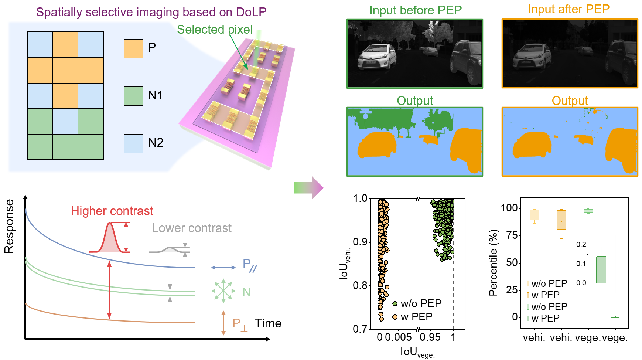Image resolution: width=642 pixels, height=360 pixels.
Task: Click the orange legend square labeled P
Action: click(133, 48)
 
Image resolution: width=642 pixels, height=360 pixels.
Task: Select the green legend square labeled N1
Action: click(133, 96)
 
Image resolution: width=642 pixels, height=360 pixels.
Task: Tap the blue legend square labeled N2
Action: click(133, 143)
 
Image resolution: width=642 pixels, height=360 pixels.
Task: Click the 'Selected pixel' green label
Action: click(215, 30)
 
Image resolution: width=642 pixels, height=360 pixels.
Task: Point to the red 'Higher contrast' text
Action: click(112, 211)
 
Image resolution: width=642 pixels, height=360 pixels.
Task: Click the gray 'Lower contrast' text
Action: click(192, 228)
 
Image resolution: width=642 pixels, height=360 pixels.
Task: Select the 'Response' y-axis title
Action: click(9, 226)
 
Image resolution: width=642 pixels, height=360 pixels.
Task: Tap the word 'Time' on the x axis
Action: click(268, 323)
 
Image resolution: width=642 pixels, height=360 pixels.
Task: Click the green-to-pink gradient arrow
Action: click(308, 188)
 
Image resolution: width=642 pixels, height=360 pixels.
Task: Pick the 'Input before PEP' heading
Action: click(416, 10)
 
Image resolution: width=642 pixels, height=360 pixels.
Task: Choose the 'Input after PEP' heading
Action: click(569, 9)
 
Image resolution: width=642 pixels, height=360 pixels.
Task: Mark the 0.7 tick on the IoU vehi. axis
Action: click(360, 329)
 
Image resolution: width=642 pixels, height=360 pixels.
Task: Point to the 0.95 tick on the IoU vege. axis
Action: click(430, 337)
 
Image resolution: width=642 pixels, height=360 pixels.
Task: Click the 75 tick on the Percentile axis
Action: click(512, 235)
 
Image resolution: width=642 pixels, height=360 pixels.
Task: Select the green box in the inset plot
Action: click(601, 270)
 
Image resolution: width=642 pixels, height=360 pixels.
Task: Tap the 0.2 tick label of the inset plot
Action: click(581, 244)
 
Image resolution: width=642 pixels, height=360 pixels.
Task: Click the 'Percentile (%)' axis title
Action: click(494, 263)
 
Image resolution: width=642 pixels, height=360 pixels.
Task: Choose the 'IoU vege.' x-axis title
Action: click(417, 352)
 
